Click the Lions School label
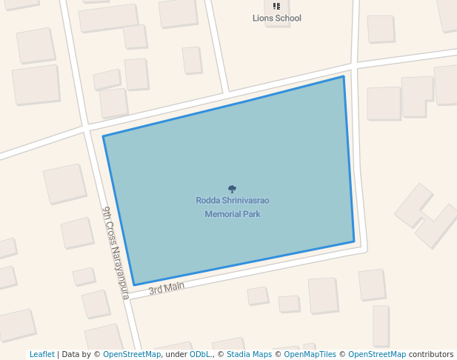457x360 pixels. coord(277,18)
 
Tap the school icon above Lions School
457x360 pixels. coord(277,7)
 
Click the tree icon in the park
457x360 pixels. coord(232,190)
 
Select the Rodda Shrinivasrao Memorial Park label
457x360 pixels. coord(233,207)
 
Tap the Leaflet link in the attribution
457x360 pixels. coord(41,355)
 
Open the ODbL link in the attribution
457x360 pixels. coord(200,355)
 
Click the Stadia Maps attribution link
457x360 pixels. coord(249,355)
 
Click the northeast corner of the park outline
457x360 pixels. coord(343,76)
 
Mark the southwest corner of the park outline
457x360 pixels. coord(134,284)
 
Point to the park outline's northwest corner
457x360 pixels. coord(103,136)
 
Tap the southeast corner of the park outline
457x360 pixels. coord(354,241)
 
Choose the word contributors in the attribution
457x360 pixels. coord(431,355)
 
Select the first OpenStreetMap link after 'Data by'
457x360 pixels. coord(132,355)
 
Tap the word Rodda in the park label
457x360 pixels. coord(207,200)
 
